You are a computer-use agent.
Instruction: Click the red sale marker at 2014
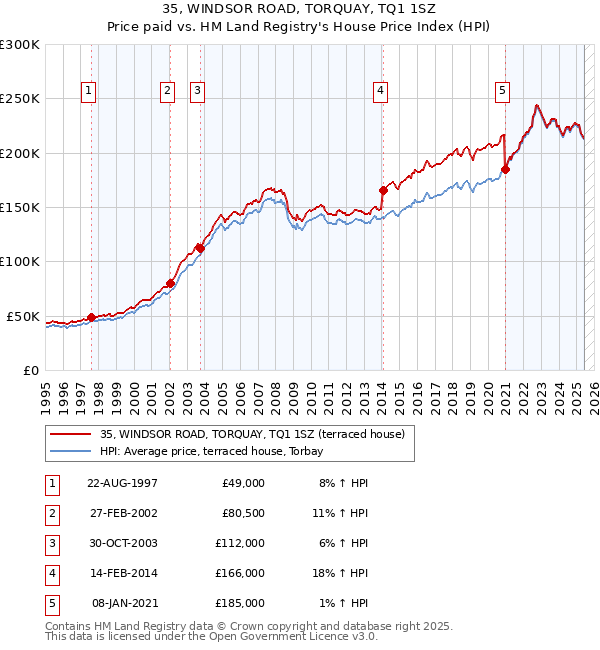pos(383,190)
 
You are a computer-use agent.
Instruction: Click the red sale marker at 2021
pos(506,169)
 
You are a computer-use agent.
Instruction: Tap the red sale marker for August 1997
pos(91,317)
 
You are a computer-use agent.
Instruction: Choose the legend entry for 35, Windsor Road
pos(252,434)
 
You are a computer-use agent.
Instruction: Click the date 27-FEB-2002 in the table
pos(123,513)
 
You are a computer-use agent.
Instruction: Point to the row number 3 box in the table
pos(51,543)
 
